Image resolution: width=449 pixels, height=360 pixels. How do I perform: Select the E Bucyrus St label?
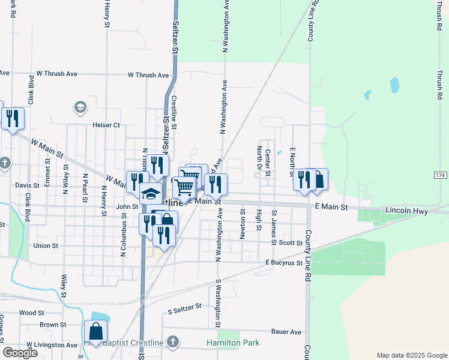pyautogui.click(x=283, y=263)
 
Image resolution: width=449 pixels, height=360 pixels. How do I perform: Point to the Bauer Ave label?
pyautogui.click(x=286, y=332)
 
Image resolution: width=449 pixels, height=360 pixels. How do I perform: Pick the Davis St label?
pyautogui.click(x=27, y=185)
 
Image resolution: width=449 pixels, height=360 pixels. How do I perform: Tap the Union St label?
pyautogui.click(x=46, y=245)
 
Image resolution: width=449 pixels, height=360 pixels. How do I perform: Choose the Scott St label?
pyautogui.click(x=291, y=243)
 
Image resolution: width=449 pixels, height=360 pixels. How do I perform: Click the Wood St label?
pyautogui.click(x=32, y=313)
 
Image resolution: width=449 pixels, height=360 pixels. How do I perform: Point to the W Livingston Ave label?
pyautogui.click(x=51, y=345)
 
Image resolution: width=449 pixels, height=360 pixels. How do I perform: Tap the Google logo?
pyautogui.click(x=20, y=353)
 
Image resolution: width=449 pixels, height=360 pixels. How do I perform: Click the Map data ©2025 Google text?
pyautogui.click(x=411, y=355)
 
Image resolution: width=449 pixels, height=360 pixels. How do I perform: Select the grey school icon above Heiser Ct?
pyautogui.click(x=79, y=107)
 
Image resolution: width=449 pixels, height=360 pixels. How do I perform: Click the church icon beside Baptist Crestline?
pyautogui.click(x=173, y=343)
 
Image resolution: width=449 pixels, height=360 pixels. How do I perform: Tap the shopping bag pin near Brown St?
pyautogui.click(x=95, y=331)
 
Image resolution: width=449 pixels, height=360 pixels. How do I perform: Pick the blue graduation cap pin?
pyautogui.click(x=151, y=193)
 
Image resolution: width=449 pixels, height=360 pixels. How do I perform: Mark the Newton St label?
pyautogui.click(x=243, y=224)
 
